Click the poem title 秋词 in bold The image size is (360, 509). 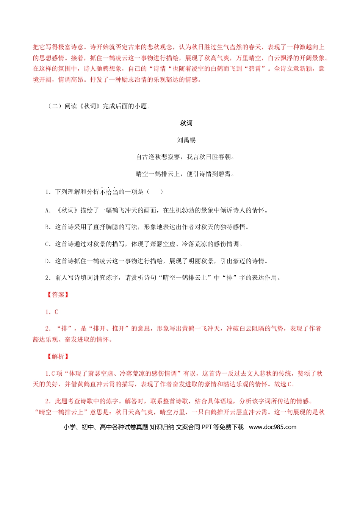point(186,123)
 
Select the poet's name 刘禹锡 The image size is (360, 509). point(186,140)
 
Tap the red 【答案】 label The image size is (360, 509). point(58,295)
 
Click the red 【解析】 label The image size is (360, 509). point(58,356)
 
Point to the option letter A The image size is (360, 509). point(48,210)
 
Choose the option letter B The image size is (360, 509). point(48,227)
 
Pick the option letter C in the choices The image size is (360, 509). point(48,244)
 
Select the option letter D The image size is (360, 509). point(48,261)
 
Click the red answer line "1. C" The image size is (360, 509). point(52,312)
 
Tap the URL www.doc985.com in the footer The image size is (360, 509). point(272,427)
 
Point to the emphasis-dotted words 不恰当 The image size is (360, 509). point(109,192)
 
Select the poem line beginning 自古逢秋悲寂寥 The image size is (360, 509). point(185,157)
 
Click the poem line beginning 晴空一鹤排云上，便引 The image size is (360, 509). point(185,174)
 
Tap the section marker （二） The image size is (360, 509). point(55,106)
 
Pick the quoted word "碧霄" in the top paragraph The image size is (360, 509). point(257,69)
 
